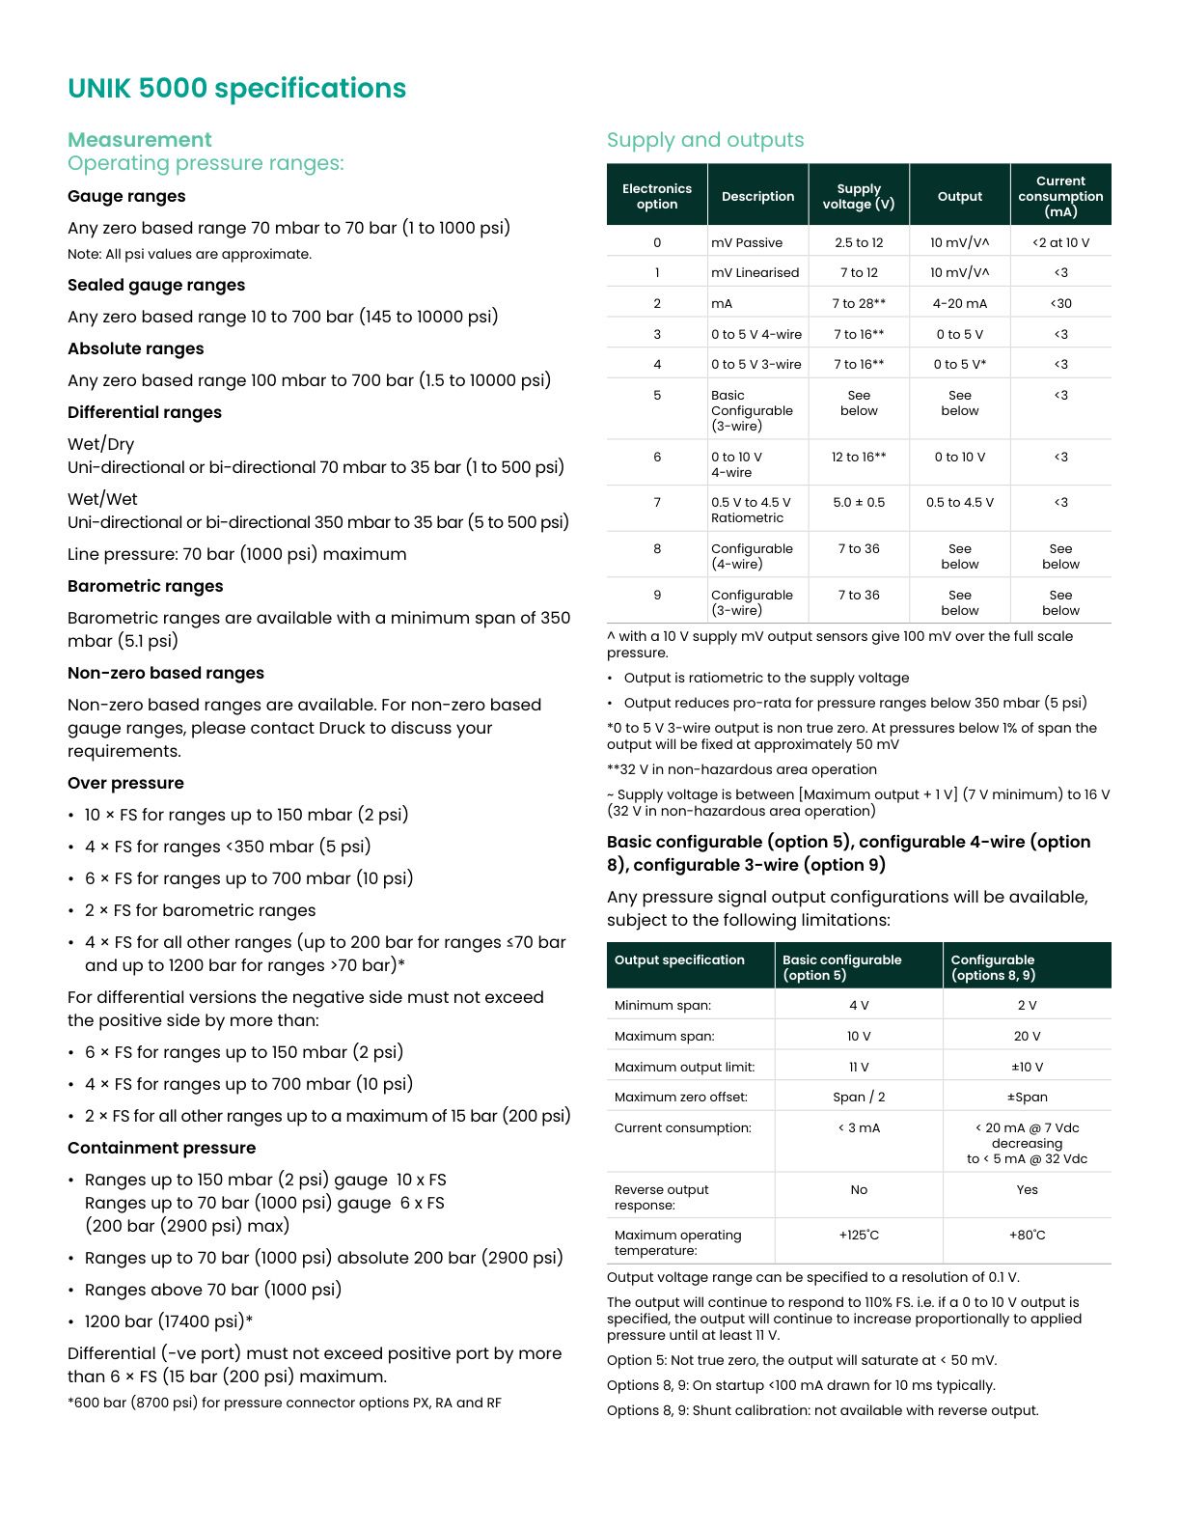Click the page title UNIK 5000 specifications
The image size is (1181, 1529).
coord(236,89)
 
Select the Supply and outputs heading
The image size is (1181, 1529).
coord(704,140)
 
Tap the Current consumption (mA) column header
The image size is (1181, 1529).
coord(1060,196)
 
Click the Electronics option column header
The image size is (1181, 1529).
coord(656,196)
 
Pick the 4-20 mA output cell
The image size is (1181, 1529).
coord(959,303)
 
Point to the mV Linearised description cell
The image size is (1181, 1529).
coord(755,272)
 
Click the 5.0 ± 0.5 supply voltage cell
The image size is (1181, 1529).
coord(858,502)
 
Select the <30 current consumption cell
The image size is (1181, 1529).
coord(1060,303)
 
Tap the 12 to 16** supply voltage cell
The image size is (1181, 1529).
coord(858,457)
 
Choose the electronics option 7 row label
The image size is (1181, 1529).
coord(657,502)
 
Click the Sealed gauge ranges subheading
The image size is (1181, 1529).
coord(156,285)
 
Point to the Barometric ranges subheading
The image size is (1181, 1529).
coord(145,586)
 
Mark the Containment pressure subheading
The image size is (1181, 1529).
coord(161,1148)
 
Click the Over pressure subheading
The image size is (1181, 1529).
coord(125,783)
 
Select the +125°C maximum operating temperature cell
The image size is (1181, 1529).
coord(858,1235)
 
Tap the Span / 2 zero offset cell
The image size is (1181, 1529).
coord(858,1097)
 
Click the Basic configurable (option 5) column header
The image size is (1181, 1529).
coord(841,967)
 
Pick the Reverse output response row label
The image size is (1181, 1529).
coord(661,1197)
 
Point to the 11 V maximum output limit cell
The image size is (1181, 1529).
coord(858,1067)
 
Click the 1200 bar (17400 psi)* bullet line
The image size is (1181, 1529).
coord(168,1321)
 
